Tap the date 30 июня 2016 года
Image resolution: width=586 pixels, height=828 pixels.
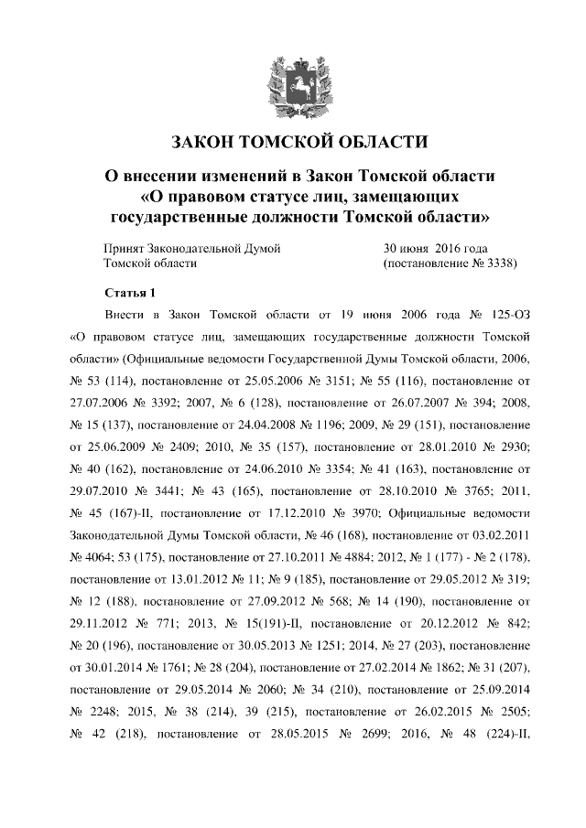[434, 248]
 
